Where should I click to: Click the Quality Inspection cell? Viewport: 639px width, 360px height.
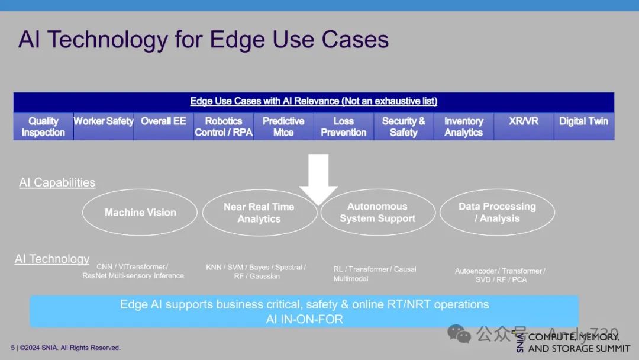click(43, 126)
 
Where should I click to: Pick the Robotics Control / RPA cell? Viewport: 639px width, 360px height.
click(224, 126)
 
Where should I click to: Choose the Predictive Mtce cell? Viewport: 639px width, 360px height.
click(283, 126)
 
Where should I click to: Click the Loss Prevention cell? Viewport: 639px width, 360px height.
click(343, 126)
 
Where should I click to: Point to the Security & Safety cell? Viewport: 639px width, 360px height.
click(404, 126)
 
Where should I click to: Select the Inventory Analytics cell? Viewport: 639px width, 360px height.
click(463, 126)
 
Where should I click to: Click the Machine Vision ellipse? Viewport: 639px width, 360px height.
click(140, 213)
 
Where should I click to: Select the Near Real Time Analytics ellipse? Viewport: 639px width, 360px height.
click(259, 213)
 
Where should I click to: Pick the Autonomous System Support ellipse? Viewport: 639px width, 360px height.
click(377, 213)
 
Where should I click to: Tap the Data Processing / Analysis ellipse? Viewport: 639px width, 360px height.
click(497, 213)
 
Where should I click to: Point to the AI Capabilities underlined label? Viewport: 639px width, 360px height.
click(57, 182)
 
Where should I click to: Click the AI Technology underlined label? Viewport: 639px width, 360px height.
click(52, 259)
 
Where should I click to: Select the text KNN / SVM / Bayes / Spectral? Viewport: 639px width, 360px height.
click(256, 268)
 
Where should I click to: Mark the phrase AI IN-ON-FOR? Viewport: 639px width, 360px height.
click(304, 319)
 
